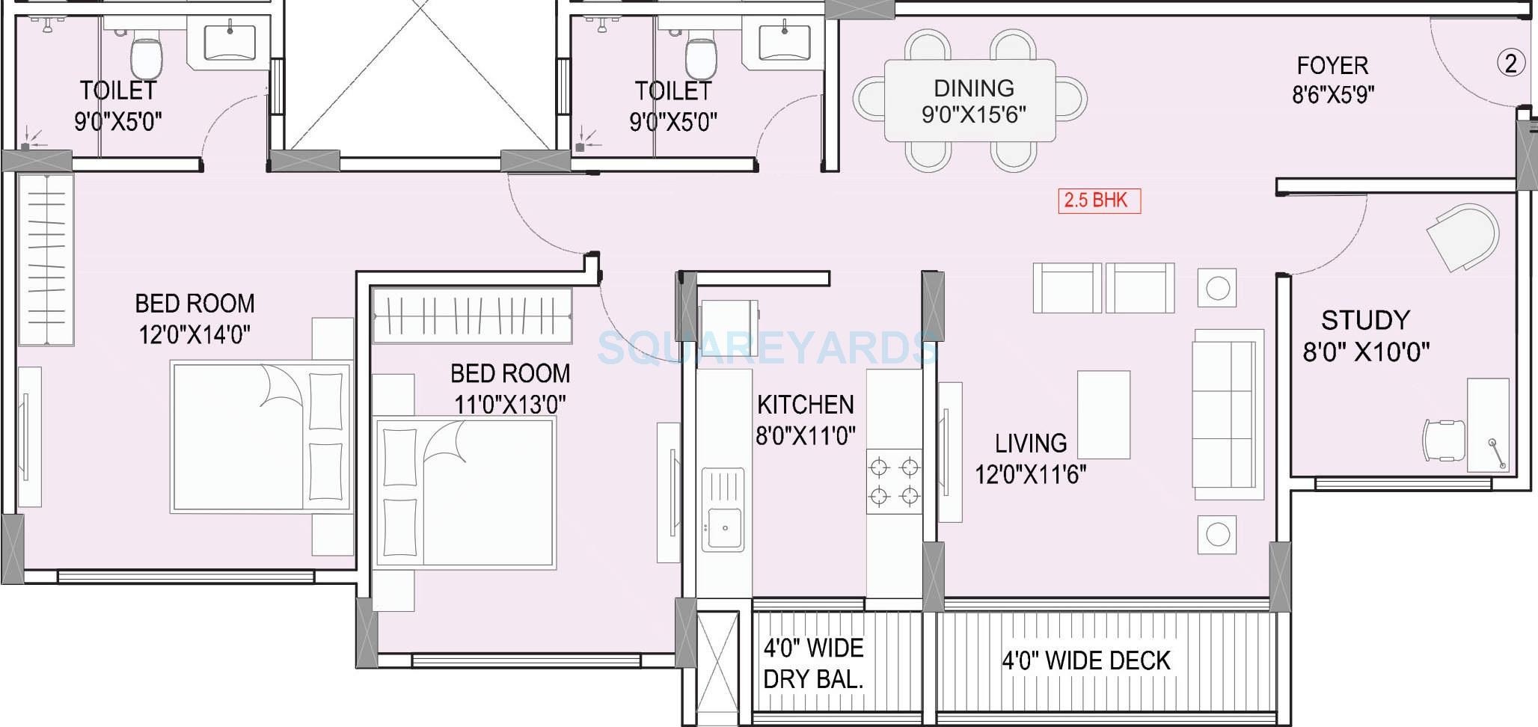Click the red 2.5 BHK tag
pyautogui.click(x=1098, y=200)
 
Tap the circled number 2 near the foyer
pyautogui.click(x=1510, y=63)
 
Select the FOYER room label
pyautogui.click(x=1332, y=66)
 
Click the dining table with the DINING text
pyautogui.click(x=970, y=100)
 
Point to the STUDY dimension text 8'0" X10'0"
pyautogui.click(x=1366, y=352)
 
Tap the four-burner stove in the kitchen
pyautogui.click(x=894, y=482)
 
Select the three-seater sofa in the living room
pyautogui.click(x=1228, y=414)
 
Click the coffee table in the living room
pyautogui.click(x=1103, y=414)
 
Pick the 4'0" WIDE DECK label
pyautogui.click(x=1085, y=660)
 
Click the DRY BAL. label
pyautogui.click(x=813, y=679)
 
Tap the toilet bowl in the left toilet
pyautogui.click(x=146, y=58)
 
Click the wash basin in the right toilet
pyautogui.click(x=784, y=43)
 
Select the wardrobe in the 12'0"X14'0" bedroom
pyautogui.click(x=46, y=259)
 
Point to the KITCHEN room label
pyautogui.click(x=805, y=405)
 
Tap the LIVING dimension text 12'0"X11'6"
pyautogui.click(x=1030, y=473)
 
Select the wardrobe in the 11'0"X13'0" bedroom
pyautogui.click(x=472, y=316)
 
